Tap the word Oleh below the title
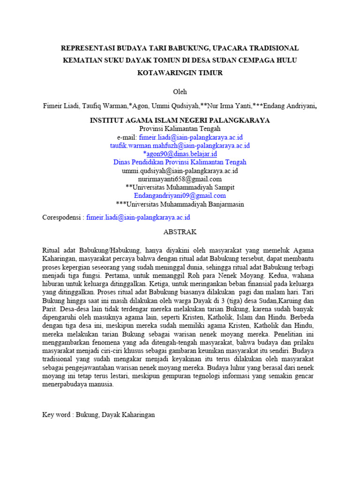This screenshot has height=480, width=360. [180, 91]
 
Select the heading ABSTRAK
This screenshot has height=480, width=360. [180, 232]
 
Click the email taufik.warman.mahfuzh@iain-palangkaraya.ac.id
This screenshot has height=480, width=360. [180, 145]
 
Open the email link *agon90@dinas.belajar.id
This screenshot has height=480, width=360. [180, 154]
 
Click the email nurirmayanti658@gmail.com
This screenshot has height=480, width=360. [180, 179]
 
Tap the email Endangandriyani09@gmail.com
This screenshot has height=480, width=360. [180, 195]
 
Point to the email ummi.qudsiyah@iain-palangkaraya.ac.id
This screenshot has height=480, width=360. [180, 171]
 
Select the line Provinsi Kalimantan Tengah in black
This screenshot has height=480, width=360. [180, 128]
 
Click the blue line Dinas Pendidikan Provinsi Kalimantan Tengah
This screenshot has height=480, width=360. [180, 162]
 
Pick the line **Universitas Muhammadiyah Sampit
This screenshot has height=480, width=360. [180, 187]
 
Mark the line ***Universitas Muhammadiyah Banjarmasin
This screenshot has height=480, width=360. [180, 204]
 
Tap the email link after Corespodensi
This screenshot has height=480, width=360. [138, 217]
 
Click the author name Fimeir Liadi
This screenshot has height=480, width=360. [60, 106]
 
